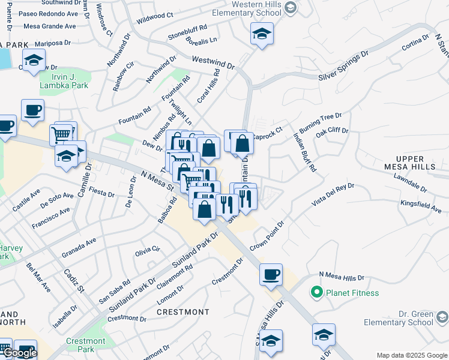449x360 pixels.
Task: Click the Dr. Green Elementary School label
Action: click(x=415, y=318)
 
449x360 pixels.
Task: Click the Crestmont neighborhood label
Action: click(x=183, y=312)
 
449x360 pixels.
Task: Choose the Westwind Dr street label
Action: click(x=212, y=62)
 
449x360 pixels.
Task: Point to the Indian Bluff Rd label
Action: click(x=304, y=153)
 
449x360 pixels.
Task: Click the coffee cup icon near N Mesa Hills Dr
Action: click(x=271, y=274)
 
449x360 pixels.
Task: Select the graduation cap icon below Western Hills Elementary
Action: click(x=262, y=34)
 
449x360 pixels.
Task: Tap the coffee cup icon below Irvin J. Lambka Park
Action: click(x=32, y=110)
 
